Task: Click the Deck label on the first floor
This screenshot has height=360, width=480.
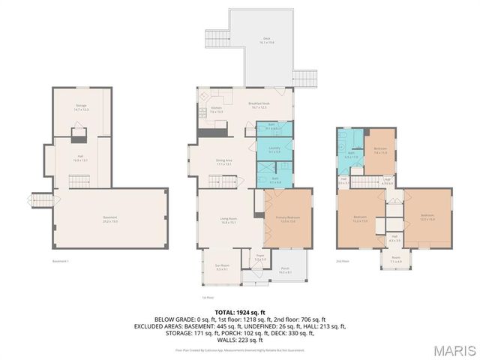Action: [x=265, y=40]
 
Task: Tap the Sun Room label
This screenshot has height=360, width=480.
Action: [x=221, y=268]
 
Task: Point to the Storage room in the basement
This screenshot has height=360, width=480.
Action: [x=81, y=108]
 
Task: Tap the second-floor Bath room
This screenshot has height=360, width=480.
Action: [x=350, y=155]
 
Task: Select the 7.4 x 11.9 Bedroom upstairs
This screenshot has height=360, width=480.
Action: [x=380, y=150]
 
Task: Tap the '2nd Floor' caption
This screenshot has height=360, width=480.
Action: [x=343, y=260]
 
